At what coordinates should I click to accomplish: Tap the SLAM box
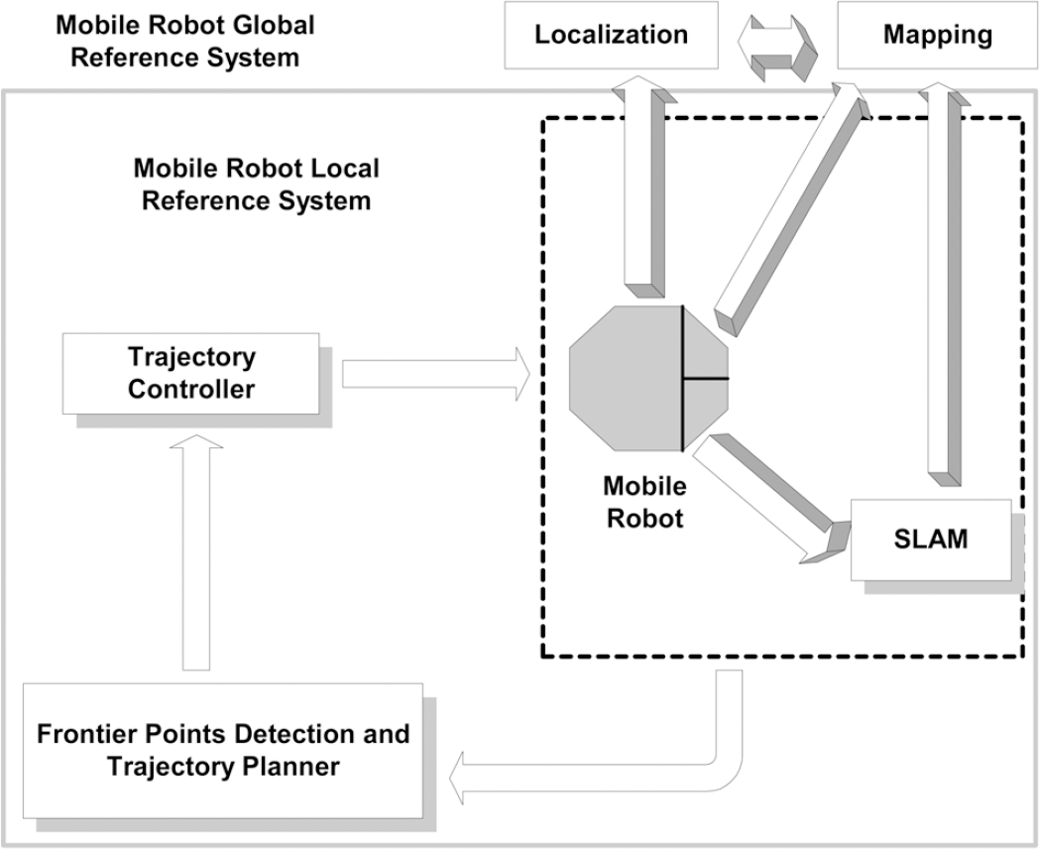coord(930,541)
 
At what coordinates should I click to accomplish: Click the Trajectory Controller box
coord(190,373)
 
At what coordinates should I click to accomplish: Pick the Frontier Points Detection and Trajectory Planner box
coord(222,749)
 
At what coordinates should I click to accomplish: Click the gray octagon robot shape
coord(635,378)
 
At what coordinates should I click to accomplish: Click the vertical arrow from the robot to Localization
coord(639,188)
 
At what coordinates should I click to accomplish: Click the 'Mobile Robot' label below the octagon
coord(643,502)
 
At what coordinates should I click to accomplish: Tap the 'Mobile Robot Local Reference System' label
coord(256,183)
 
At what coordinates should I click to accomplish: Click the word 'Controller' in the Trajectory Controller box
coord(190,389)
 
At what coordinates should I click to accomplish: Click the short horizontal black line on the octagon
coord(706,378)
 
